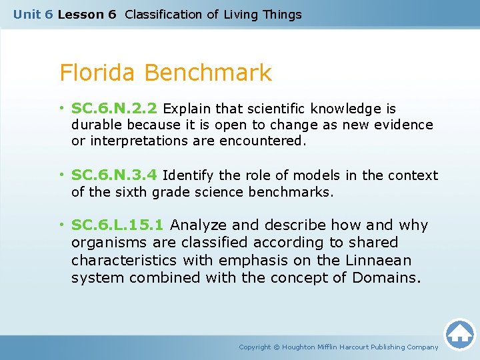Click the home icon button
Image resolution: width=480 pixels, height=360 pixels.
tap(459, 334)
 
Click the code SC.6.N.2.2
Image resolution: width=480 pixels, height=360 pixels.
tap(115, 109)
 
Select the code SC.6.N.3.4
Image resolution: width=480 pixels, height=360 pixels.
tap(115, 175)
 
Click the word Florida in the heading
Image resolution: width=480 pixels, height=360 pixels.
tap(98, 73)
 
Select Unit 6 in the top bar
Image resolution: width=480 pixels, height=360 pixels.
tap(33, 14)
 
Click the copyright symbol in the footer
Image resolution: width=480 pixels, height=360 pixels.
tap(278, 347)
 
